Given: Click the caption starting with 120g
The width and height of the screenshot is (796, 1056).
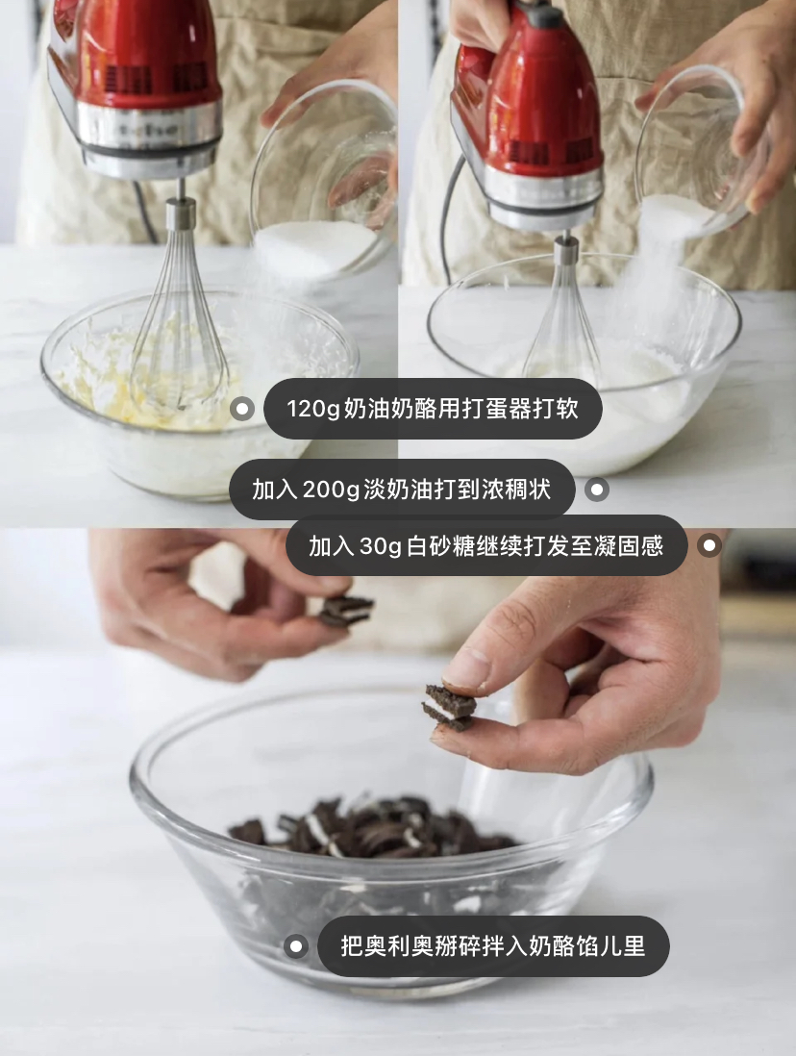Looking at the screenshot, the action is [433, 409].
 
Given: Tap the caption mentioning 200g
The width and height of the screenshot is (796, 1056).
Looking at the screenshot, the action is [402, 490].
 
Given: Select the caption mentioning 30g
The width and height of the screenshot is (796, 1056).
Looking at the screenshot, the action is [486, 545].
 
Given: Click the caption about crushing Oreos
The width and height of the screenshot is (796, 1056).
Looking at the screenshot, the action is [493, 946].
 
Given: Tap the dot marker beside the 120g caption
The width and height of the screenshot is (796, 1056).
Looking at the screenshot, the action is [241, 409].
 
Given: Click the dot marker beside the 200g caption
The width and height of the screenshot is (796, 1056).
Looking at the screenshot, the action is [597, 490].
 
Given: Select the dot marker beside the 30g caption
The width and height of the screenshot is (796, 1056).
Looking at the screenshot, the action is [709, 545].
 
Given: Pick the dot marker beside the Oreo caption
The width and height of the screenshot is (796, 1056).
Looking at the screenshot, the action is [295, 946].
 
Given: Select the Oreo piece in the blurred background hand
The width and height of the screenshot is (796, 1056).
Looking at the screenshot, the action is [345, 610].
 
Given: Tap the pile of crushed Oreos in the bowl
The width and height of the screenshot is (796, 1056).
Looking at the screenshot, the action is [370, 828].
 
